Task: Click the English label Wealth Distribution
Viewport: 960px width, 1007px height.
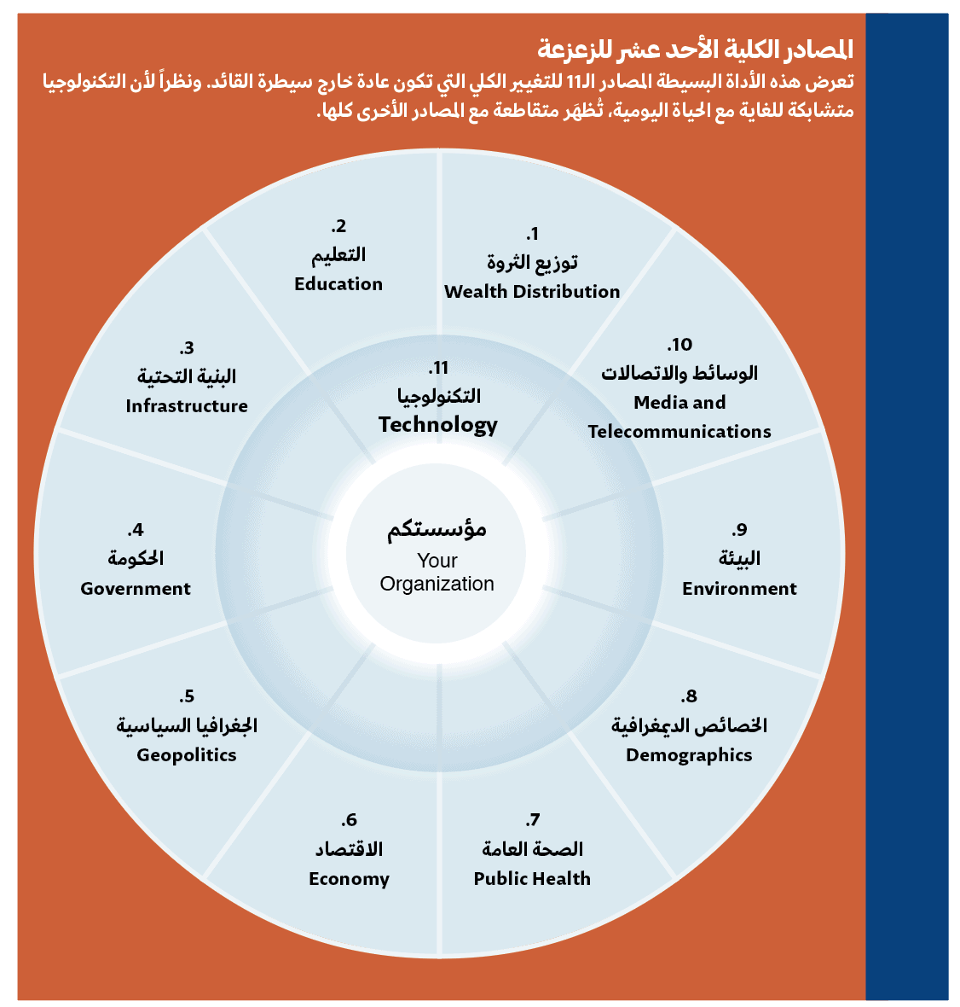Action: point(532,292)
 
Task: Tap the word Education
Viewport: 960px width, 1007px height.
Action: point(338,284)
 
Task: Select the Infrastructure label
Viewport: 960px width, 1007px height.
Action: point(187,406)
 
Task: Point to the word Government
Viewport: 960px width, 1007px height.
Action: point(136,588)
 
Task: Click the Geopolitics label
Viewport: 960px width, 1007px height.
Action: point(187,755)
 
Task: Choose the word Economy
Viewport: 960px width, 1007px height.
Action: point(349,879)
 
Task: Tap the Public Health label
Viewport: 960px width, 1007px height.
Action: point(532,878)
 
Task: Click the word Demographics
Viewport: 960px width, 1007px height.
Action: point(689,755)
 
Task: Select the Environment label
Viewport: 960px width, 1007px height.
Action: point(739,588)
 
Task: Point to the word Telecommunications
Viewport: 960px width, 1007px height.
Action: point(680,432)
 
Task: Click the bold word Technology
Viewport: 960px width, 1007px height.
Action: point(438,425)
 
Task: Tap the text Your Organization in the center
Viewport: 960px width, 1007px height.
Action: point(437,573)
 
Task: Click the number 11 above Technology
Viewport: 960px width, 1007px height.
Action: point(438,369)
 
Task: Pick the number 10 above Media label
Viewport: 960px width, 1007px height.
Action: point(680,345)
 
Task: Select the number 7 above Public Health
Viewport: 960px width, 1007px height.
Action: point(533,820)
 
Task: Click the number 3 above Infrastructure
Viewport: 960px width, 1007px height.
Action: point(187,348)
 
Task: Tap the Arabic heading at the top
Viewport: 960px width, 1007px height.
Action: point(696,49)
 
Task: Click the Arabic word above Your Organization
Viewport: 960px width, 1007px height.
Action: point(437,530)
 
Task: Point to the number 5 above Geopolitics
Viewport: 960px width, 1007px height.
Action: point(187,697)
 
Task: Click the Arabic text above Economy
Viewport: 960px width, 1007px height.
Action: point(349,850)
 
